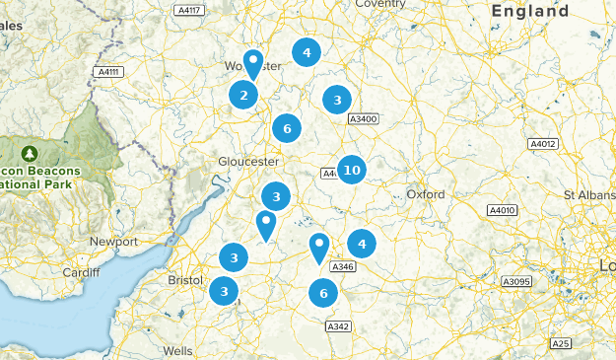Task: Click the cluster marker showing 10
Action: pyautogui.click(x=352, y=171)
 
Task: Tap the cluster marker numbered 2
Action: pyautogui.click(x=243, y=96)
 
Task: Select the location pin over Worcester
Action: pyautogui.click(x=253, y=64)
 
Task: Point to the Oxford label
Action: pyautogui.click(x=426, y=194)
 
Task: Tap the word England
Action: pyautogui.click(x=530, y=12)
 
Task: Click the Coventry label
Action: pyautogui.click(x=380, y=4)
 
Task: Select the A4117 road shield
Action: pyautogui.click(x=187, y=11)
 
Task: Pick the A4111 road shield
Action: pyautogui.click(x=108, y=72)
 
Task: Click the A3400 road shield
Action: pyautogui.click(x=364, y=119)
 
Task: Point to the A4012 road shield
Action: pyautogui.click(x=543, y=144)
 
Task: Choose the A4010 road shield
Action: pyautogui.click(x=503, y=210)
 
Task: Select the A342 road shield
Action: pyautogui.click(x=338, y=326)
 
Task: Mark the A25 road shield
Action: pyautogui.click(x=561, y=343)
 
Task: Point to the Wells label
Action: pyautogui.click(x=178, y=350)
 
